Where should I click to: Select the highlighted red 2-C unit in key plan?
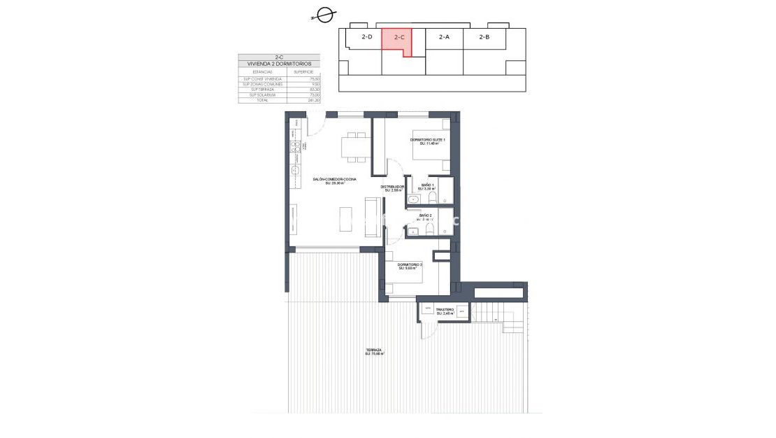(397, 41)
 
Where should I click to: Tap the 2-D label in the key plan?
(366, 37)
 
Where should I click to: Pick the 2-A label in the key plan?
(444, 37)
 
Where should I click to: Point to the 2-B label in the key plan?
(484, 37)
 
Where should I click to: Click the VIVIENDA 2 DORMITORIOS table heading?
(279, 64)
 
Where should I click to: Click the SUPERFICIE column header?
(303, 71)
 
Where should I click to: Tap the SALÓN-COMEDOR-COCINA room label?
(336, 181)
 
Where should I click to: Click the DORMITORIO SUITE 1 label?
(427, 141)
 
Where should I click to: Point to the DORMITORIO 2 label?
(410, 265)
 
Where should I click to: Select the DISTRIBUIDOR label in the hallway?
(392, 188)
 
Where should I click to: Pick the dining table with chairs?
(354, 146)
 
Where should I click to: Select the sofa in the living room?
(372, 216)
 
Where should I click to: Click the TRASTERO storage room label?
(445, 311)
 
